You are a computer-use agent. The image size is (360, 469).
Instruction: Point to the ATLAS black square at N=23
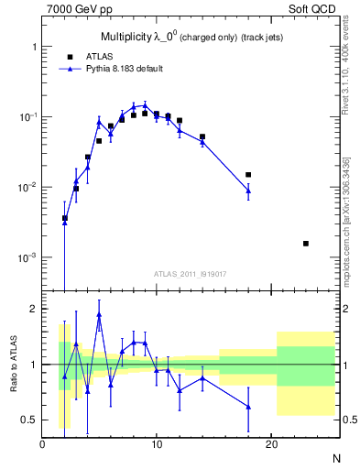coord(305,243)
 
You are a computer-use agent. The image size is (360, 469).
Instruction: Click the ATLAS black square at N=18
coord(248,174)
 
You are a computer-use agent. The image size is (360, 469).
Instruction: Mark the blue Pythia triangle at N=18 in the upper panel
coord(248,190)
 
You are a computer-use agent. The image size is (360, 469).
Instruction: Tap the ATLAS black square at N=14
coord(202,136)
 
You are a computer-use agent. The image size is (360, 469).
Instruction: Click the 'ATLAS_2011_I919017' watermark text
coord(190,274)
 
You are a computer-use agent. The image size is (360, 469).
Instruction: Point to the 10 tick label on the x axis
coord(157,445)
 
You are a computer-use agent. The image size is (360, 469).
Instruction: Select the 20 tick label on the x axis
coord(271,445)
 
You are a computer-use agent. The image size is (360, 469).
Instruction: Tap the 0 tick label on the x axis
coord(43,445)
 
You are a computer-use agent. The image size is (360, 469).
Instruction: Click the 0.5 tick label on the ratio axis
coord(29,420)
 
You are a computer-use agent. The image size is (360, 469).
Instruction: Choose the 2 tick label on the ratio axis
coord(33,309)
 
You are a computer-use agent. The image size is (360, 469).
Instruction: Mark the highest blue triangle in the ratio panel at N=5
coord(99,314)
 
